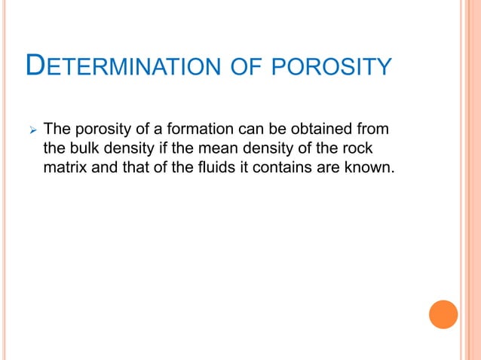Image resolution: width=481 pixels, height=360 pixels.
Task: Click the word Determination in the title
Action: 121,67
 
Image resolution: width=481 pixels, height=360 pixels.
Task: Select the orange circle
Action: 443,314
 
